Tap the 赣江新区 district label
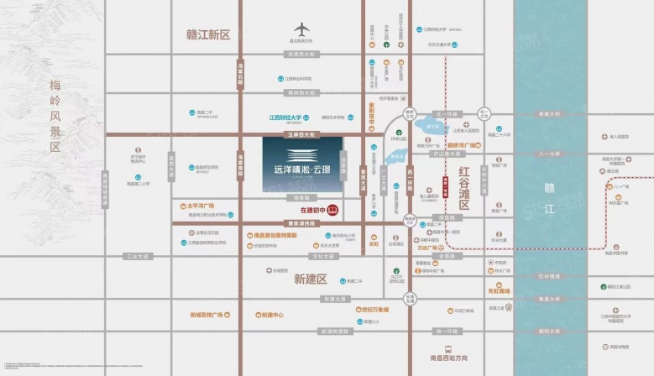click(x=207, y=34)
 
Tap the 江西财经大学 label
click(x=285, y=118)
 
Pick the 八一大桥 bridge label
click(x=549, y=154)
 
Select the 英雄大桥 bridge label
click(x=549, y=114)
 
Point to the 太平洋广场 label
click(x=199, y=206)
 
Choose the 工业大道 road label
click(x=135, y=256)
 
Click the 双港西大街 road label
click(x=301, y=54)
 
